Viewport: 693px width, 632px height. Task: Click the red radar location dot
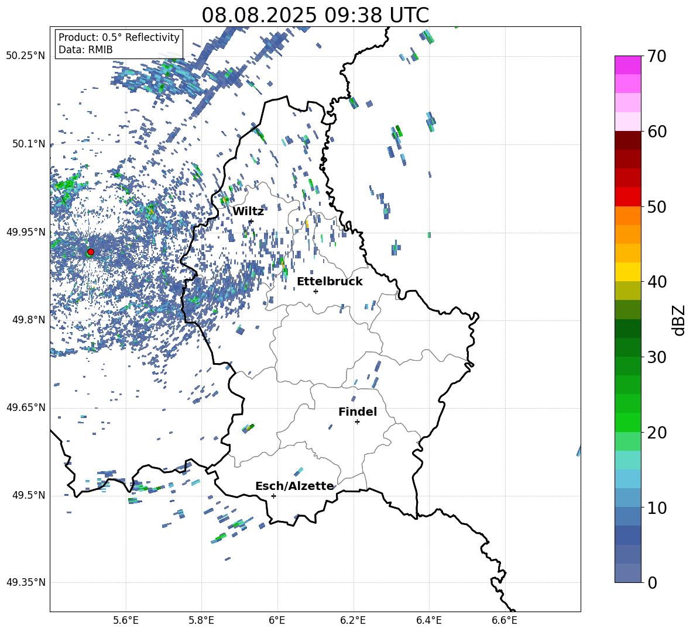coord(91,251)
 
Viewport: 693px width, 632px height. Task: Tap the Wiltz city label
coord(248,212)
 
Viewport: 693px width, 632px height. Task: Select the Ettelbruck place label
coord(330,282)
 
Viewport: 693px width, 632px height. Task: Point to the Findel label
coord(358,412)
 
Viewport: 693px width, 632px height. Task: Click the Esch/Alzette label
coord(294,486)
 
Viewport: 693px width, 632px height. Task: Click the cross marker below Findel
coord(357,422)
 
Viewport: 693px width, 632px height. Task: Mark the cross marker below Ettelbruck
coord(315,291)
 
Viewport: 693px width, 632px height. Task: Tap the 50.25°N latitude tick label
coord(26,56)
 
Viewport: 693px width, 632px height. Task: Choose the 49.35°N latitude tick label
coord(26,582)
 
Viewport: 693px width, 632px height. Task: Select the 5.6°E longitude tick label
coord(126,620)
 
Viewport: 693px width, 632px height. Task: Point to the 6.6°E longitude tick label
coord(505,620)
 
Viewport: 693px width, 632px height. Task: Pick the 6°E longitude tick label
coord(277,620)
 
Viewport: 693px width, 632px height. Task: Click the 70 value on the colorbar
coord(657,57)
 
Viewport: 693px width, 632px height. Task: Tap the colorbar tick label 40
coord(657,282)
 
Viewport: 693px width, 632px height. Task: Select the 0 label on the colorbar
coord(652,582)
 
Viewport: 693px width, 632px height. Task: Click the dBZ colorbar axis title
coord(680,320)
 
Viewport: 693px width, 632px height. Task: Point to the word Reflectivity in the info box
coord(153,37)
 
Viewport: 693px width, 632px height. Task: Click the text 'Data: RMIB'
coord(85,50)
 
